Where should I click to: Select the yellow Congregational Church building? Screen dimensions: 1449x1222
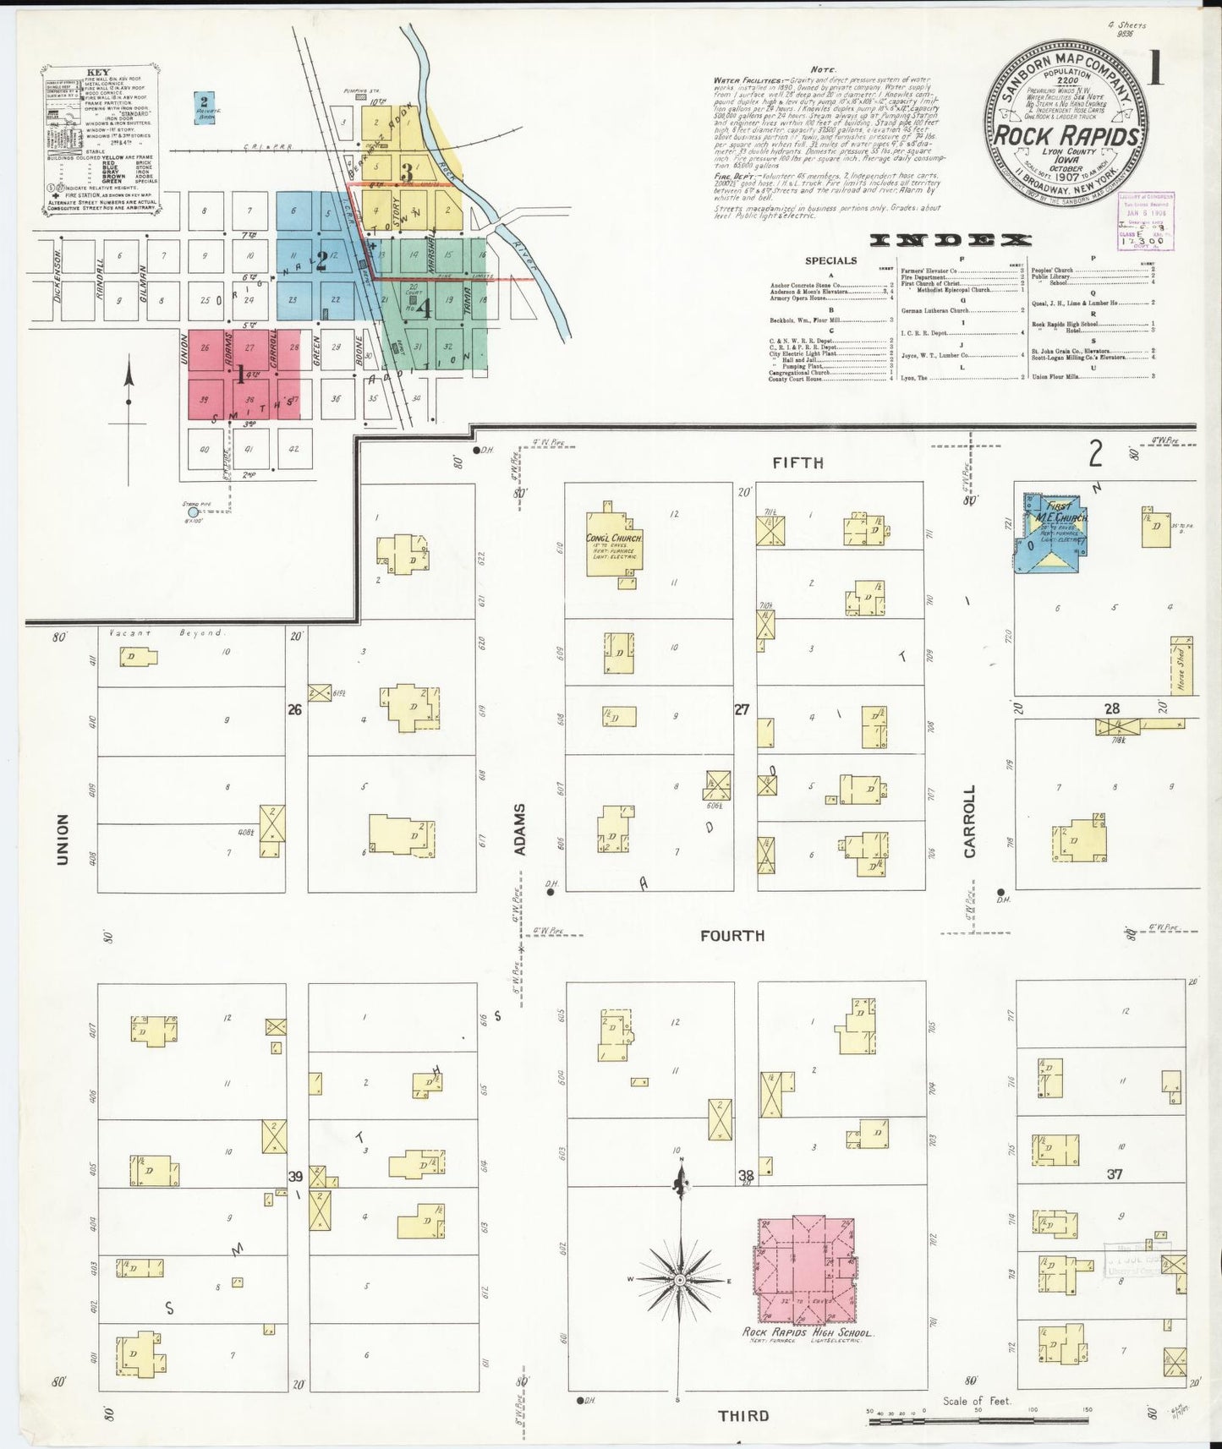615,544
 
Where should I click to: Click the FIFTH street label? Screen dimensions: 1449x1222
797,462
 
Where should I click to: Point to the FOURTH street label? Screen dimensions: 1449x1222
732,935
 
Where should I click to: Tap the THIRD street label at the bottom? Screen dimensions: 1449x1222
743,1415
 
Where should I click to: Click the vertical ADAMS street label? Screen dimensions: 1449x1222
520,828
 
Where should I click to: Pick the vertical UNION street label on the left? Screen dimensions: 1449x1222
62,839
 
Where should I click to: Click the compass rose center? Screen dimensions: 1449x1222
680,1282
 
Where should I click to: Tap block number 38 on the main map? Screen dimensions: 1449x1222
746,1175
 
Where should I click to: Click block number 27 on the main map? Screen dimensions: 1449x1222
742,710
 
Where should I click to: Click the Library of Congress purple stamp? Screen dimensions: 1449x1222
1146,221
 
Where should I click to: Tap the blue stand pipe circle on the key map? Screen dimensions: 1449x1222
193,511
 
